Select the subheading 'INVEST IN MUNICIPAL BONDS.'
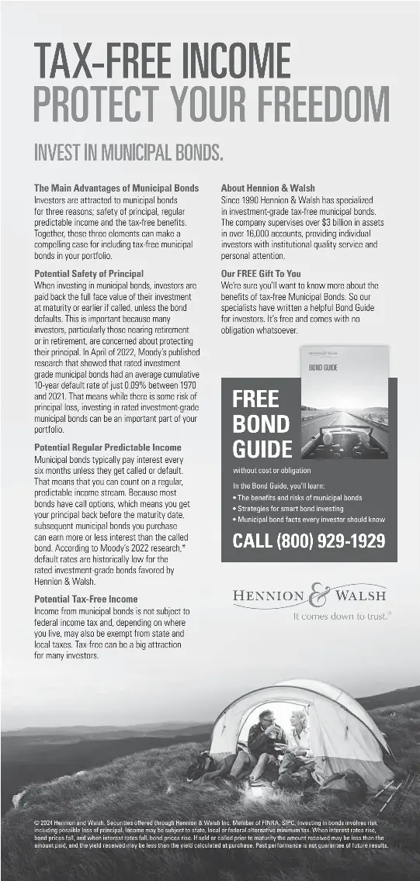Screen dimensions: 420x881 pos(128,152)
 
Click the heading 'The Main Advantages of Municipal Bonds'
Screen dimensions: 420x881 pos(116,188)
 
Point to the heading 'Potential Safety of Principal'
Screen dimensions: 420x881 pos(89,274)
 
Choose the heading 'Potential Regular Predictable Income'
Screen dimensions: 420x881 pos(108,447)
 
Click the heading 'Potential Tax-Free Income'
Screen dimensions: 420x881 pos(85,599)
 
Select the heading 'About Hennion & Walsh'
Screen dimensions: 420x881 pos(268,188)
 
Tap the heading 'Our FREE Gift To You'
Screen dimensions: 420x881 pos(261,274)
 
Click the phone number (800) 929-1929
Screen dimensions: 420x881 pos(309,541)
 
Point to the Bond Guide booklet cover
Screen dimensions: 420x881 pos(344,403)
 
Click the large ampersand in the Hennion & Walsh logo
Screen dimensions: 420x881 pos(318,596)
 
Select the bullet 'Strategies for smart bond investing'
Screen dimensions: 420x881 pos(290,509)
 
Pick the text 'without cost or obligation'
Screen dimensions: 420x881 pos(272,470)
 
